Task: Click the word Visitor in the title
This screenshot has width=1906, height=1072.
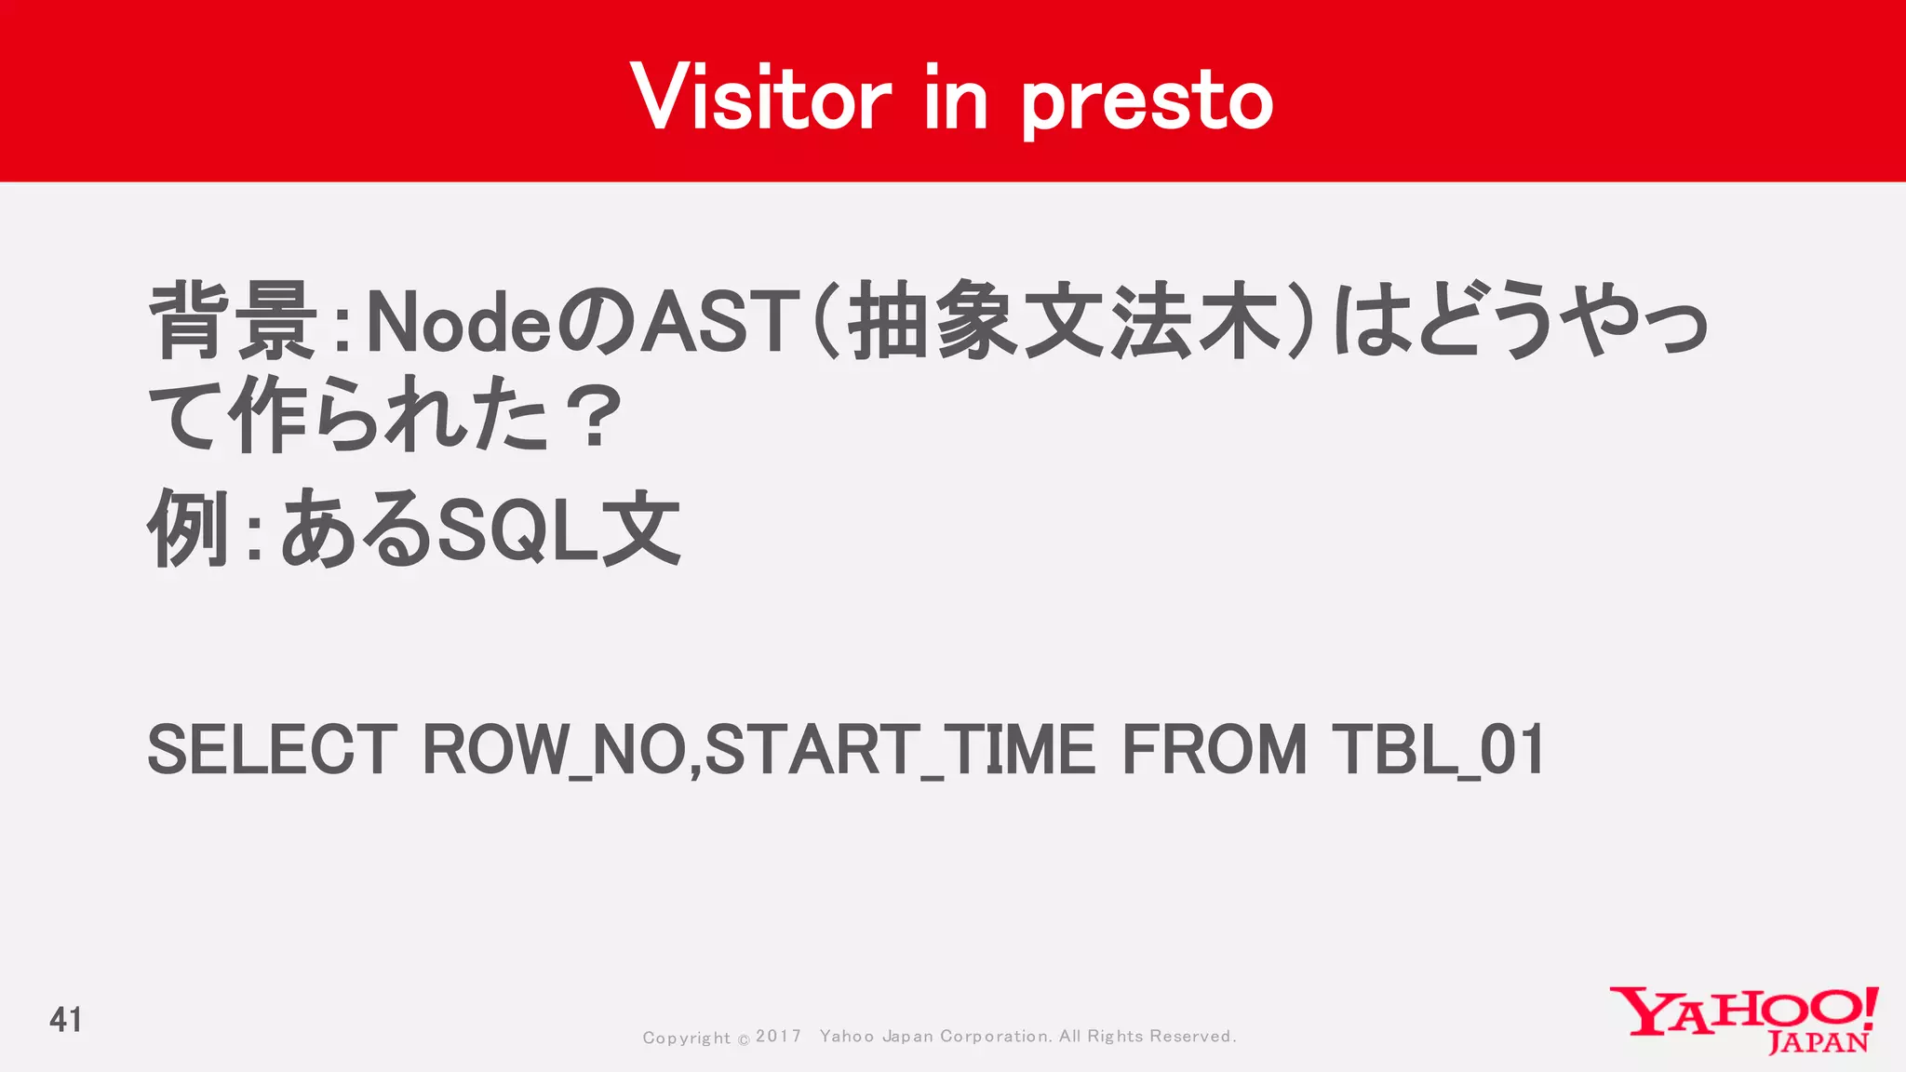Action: coord(760,98)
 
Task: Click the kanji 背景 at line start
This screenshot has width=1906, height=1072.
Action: coord(234,321)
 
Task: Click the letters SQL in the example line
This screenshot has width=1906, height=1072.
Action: coord(517,530)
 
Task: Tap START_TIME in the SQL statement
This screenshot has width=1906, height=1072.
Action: coord(899,750)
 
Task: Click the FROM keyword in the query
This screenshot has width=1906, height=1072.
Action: coord(1215,750)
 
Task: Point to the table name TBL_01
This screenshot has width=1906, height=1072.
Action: coord(1438,750)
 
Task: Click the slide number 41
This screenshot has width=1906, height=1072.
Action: coord(66,1020)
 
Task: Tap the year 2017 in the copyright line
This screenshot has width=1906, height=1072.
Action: coord(778,1036)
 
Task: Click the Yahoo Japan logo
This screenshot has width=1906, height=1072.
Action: coord(1743,1020)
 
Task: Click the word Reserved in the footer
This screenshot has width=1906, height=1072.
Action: coord(1192,1037)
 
